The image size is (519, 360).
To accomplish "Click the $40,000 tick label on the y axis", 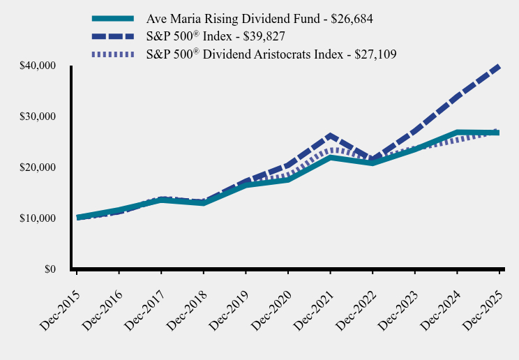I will click(38, 66).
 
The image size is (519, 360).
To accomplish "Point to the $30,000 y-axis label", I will click(38, 117).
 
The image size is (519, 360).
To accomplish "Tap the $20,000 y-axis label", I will click(38, 167).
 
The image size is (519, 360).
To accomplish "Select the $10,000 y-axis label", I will click(38, 218).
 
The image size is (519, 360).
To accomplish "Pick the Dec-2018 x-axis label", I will click(185, 301).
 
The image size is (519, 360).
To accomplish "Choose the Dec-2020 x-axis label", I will click(269, 301).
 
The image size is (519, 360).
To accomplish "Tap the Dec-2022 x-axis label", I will click(354, 301).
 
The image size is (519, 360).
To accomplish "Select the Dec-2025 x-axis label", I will click(481, 301).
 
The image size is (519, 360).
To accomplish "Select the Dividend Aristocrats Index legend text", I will click(271, 54).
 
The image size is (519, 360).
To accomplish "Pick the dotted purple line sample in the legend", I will click(112, 54).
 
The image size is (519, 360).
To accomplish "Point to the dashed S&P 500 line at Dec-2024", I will click(457, 96).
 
